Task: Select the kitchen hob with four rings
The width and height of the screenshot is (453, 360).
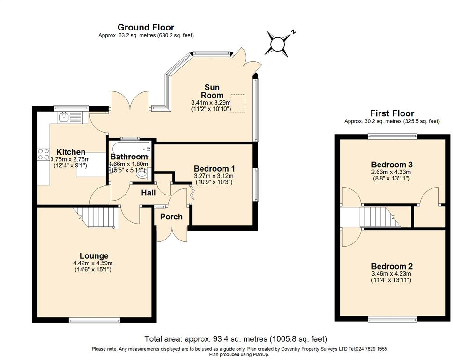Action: [x=44, y=154]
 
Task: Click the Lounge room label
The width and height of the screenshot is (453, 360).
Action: [x=94, y=255]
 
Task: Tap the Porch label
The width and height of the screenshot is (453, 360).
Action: [x=171, y=217]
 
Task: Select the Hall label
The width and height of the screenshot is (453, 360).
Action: [x=149, y=193]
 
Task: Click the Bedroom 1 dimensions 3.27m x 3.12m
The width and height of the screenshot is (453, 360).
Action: [x=214, y=176]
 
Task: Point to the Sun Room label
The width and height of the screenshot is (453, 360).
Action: [x=212, y=91]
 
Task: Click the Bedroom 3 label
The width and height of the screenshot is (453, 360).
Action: [x=392, y=165]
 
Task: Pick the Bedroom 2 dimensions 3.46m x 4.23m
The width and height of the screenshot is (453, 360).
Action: [x=391, y=274]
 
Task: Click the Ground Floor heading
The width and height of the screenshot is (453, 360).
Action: [x=146, y=28]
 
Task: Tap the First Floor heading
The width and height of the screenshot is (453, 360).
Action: [x=392, y=113]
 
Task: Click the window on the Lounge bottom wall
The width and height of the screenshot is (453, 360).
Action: [x=94, y=320]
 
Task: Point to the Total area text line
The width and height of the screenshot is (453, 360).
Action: [x=236, y=338]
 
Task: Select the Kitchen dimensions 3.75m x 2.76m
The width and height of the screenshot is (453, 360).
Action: [x=70, y=159]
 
